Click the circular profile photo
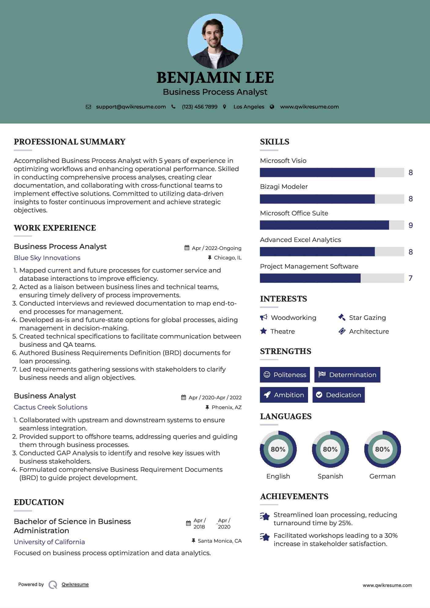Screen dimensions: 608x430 click(x=215, y=41)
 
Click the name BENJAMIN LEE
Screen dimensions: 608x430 click(x=215, y=78)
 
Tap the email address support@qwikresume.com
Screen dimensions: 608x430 click(x=131, y=107)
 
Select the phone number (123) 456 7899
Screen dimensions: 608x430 click(x=200, y=107)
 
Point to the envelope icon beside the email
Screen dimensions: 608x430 click(x=88, y=107)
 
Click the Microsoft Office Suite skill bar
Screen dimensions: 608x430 click(x=332, y=225)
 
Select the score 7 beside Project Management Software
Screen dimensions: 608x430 click(x=410, y=278)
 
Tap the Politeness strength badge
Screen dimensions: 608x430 click(x=285, y=375)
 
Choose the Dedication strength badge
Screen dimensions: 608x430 click(x=339, y=395)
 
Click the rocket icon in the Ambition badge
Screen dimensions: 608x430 click(x=267, y=395)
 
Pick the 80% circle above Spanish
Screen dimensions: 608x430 click(x=330, y=449)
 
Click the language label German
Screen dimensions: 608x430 click(x=382, y=476)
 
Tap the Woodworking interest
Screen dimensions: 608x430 click(x=293, y=318)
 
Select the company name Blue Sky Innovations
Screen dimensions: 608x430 click(x=47, y=258)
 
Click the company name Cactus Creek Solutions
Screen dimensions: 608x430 click(x=50, y=407)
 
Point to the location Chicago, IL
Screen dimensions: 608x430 click(x=228, y=258)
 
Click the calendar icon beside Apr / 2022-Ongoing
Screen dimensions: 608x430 click(x=187, y=248)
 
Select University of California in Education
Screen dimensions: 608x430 click(x=49, y=542)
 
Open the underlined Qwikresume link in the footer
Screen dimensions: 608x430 click(x=75, y=584)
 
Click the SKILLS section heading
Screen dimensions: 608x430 click(x=274, y=142)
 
